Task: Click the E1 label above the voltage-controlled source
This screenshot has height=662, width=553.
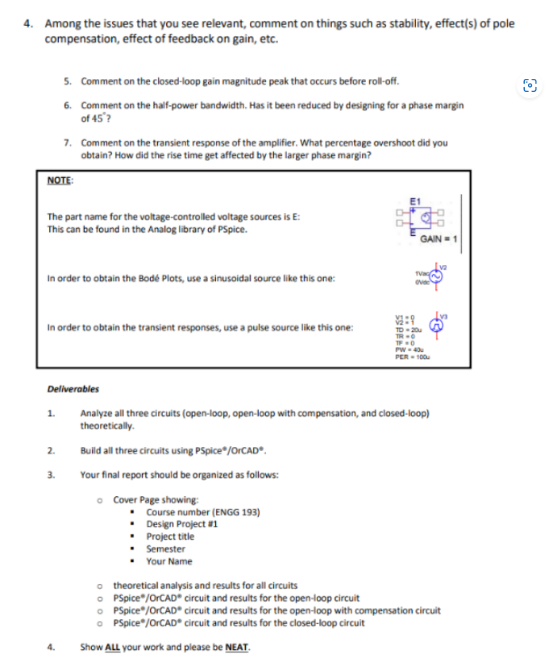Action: point(415,200)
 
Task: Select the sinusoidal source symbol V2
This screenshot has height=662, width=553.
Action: point(439,276)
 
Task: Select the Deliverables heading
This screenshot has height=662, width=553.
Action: point(73,389)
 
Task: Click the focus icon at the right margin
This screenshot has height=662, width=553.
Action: point(530,85)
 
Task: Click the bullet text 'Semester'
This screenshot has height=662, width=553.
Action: point(165,549)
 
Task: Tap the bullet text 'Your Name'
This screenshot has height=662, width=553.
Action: point(169,561)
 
